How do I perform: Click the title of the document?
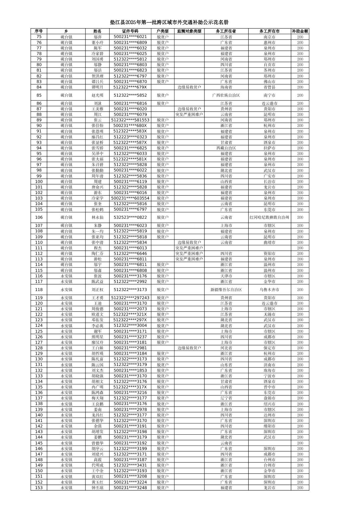click(x=169, y=22)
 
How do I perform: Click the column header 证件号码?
click(x=130, y=31)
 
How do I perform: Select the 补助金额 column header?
click(x=300, y=31)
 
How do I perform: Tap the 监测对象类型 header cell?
click(x=189, y=31)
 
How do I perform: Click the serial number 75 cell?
click(x=39, y=37)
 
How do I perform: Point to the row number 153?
click(x=39, y=488)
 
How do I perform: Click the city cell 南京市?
click(x=269, y=37)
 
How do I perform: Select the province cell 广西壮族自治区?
click(x=226, y=95)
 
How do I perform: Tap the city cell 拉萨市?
click(x=269, y=148)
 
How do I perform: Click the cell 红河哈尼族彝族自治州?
click(x=269, y=217)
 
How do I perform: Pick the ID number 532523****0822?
click(x=130, y=217)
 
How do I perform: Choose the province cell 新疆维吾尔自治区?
click(x=226, y=290)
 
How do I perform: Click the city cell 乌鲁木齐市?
click(x=269, y=290)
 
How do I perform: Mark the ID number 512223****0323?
click(x=130, y=137)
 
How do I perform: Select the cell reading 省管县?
click(x=269, y=87)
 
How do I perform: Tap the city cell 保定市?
click(x=269, y=348)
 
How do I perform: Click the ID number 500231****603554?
click(x=130, y=198)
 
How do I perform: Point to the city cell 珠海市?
click(x=269, y=370)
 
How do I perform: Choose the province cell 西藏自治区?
click(x=226, y=148)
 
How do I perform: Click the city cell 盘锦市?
click(x=269, y=398)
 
